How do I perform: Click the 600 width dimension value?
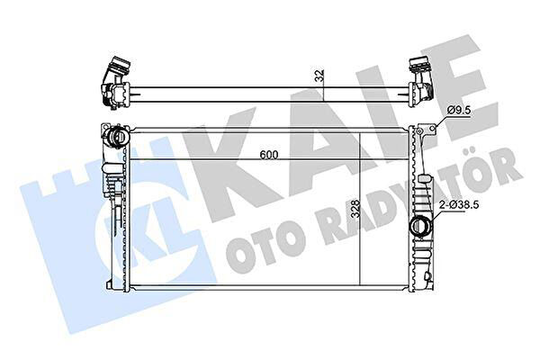[268, 155]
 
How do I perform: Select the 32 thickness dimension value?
[319, 76]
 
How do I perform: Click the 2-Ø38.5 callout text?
[459, 205]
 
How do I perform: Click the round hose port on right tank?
[419, 226]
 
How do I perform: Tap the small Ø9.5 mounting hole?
[433, 129]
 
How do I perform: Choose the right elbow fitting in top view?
[421, 81]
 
